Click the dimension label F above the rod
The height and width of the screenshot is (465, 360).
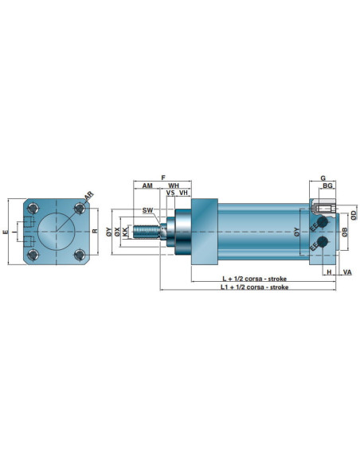163,178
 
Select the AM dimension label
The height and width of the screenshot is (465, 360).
147,186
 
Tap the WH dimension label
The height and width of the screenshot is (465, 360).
174,186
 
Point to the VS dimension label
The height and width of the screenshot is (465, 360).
170,193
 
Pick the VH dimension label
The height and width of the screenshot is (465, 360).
183,193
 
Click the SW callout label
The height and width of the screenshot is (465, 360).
147,210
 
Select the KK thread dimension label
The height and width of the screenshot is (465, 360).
125,232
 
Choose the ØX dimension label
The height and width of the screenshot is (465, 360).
117,232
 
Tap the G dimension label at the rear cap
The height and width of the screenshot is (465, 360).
323,178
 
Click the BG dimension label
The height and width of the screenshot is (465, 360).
327,186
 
